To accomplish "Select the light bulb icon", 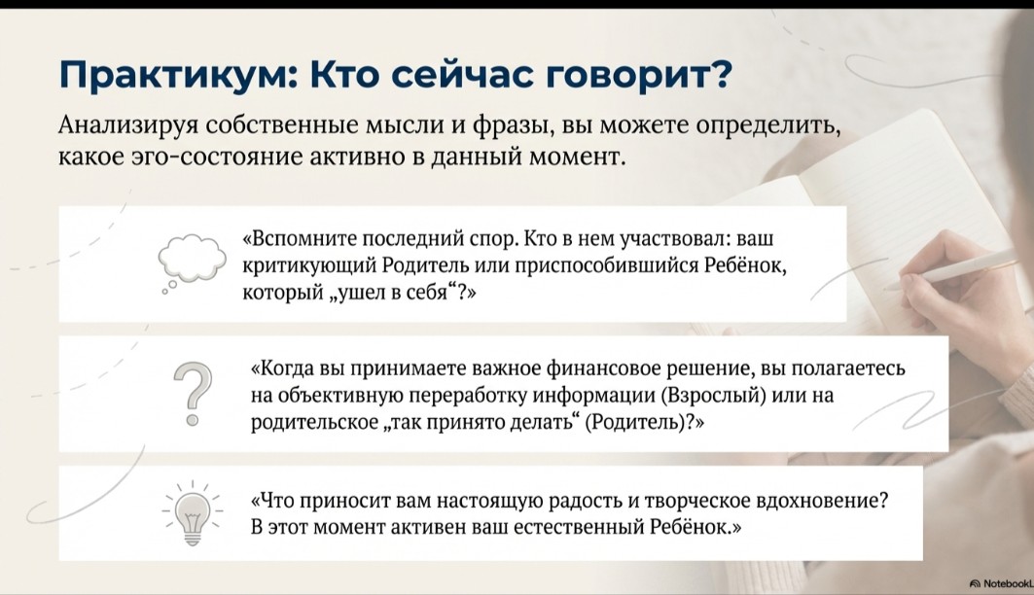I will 192,513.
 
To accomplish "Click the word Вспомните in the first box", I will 302,238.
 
